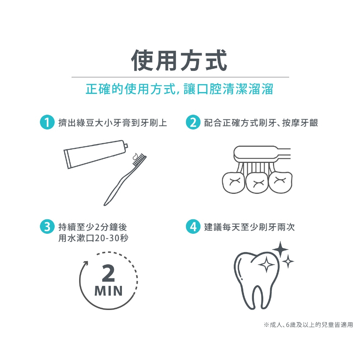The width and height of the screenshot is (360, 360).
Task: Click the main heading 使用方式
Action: [x=179, y=60]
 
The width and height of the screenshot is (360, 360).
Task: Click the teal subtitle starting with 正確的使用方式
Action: [x=179, y=89]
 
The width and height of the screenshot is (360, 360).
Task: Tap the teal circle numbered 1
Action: [x=47, y=122]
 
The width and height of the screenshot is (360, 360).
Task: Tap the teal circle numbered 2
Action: [x=193, y=122]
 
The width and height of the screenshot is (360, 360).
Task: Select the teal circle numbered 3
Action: [x=47, y=227]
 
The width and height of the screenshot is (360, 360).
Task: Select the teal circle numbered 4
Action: [x=193, y=227]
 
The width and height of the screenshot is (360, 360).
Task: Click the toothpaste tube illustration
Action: [x=96, y=154]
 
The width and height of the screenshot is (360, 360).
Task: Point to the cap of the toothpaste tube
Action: [x=126, y=146]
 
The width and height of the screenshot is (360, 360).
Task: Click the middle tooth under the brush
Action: [x=257, y=183]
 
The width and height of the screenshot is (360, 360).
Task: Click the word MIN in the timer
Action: [x=108, y=291]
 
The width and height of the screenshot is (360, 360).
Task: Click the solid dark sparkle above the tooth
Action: [x=280, y=249]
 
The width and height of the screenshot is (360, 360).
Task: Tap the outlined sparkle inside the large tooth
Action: [x=266, y=264]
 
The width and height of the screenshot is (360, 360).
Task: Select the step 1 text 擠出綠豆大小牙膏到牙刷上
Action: [x=113, y=123]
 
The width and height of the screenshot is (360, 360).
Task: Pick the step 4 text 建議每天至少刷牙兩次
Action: [x=249, y=227]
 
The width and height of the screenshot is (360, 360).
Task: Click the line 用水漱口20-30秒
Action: [x=93, y=238]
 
